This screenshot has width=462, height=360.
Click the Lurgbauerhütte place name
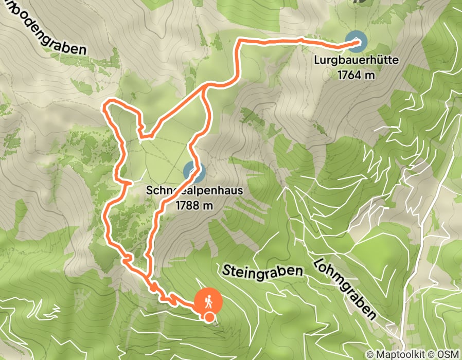coord(356,61)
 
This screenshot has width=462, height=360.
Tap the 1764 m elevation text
coord(356,75)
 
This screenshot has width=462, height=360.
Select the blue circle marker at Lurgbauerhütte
coord(356,42)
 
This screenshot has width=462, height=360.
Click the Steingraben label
coord(263,271)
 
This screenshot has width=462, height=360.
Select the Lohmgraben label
coord(343,287)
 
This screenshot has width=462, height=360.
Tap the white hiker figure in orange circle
coord(209,300)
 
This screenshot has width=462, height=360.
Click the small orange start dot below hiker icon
coord(209,317)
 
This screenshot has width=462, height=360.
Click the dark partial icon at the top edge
coord(356,2)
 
